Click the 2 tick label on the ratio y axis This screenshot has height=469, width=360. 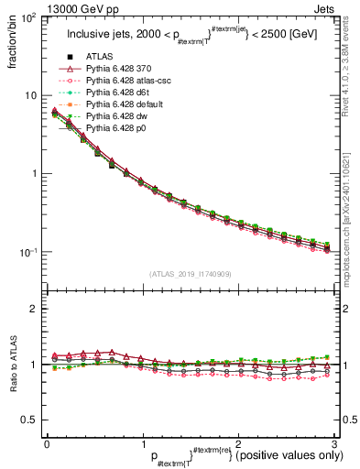click(35, 309)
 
